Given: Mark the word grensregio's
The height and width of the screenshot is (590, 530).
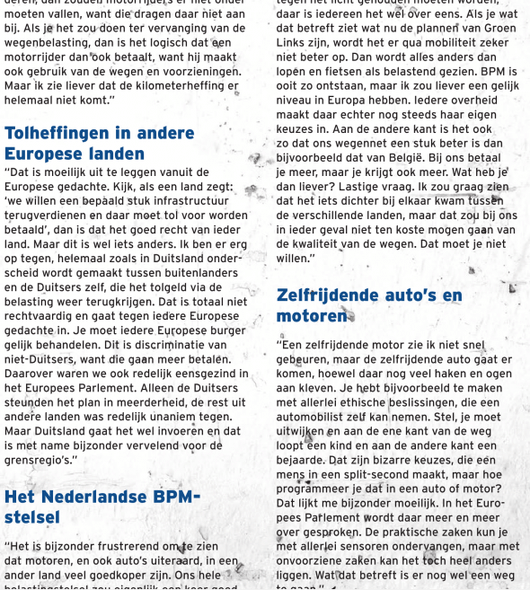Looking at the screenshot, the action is point(40,460).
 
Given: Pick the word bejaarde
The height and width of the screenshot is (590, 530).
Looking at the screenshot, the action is point(305,460).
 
